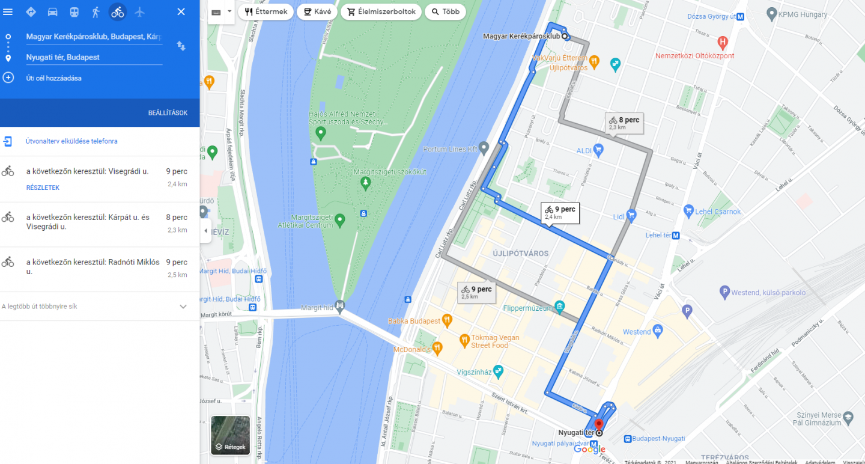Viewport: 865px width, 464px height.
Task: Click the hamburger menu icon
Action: click(8, 11)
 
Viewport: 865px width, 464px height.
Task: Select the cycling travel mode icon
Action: click(118, 11)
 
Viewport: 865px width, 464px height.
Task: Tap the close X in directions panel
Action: click(181, 11)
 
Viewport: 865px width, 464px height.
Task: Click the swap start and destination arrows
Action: click(181, 46)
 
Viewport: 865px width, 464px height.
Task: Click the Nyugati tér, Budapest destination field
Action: click(94, 57)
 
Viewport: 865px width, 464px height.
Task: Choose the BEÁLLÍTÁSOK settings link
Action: click(168, 113)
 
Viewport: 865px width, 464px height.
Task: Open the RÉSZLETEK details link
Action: click(43, 188)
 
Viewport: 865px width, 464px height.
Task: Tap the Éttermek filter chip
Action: click(266, 11)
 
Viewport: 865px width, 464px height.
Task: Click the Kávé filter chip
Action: click(317, 11)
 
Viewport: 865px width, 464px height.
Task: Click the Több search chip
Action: click(445, 11)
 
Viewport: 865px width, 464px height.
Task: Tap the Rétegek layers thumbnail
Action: click(230, 435)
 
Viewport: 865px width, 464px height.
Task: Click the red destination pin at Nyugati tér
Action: click(598, 425)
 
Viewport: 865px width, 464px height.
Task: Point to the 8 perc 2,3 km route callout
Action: click(625, 123)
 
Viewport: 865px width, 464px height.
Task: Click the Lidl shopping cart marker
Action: click(631, 215)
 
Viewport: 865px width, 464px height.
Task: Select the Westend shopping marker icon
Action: click(658, 331)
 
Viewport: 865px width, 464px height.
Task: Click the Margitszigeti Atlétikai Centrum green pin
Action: click(339, 220)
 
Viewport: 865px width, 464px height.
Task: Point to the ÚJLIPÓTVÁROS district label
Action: click(520, 254)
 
